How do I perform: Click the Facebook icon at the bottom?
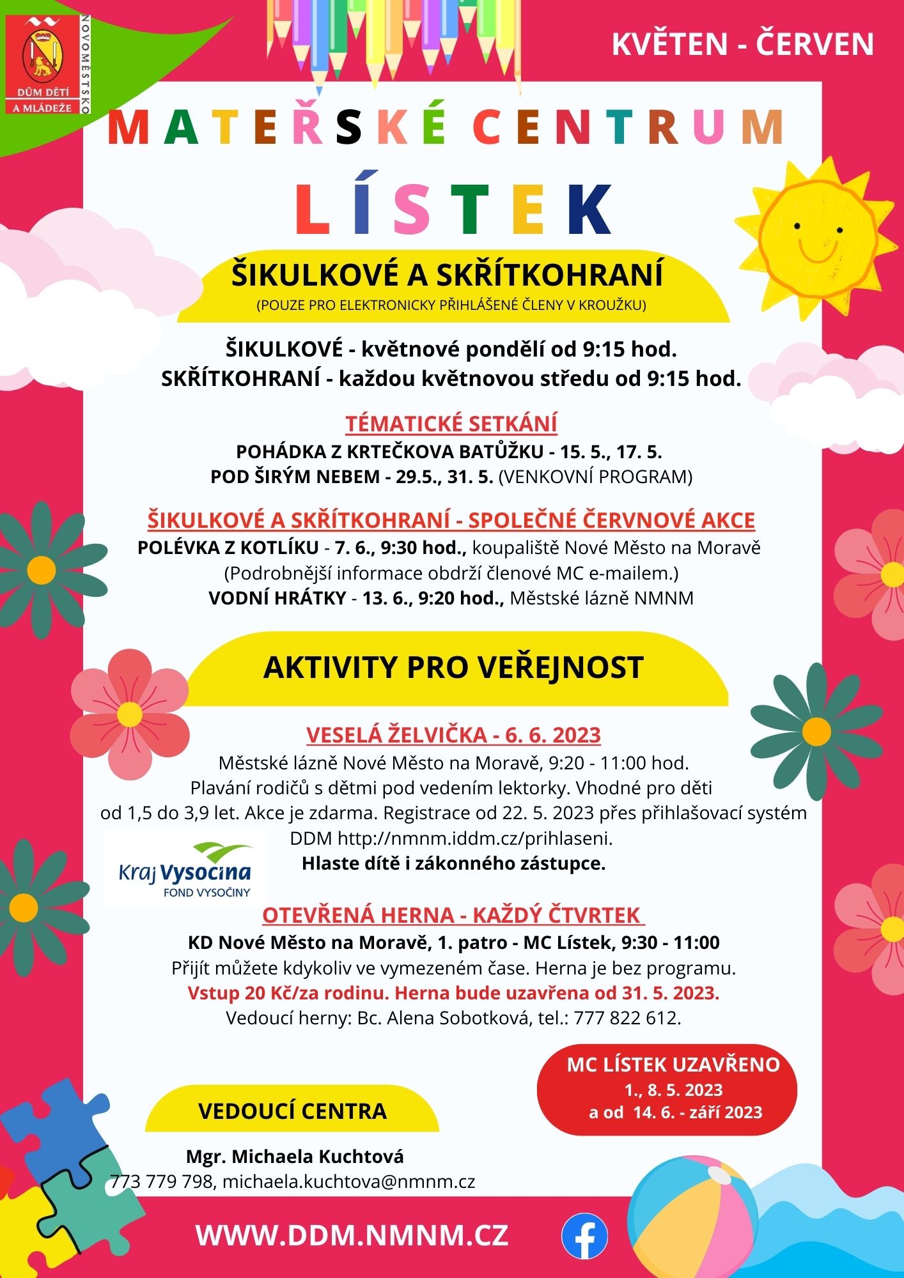pyautogui.click(x=584, y=1235)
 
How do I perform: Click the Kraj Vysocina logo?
pyautogui.click(x=185, y=869)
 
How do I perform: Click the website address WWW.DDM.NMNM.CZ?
pyautogui.click(x=352, y=1235)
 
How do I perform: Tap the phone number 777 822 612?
pyautogui.click(x=626, y=1018)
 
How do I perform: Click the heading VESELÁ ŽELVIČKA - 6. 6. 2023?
pyautogui.click(x=453, y=735)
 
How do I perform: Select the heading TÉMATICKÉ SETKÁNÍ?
pyautogui.click(x=451, y=424)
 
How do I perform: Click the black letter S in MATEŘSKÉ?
pyautogui.click(x=350, y=128)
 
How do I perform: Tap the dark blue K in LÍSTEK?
pyautogui.click(x=589, y=210)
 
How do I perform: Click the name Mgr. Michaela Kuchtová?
pyautogui.click(x=295, y=1156)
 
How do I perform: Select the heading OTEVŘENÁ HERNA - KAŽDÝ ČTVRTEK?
pyautogui.click(x=452, y=915)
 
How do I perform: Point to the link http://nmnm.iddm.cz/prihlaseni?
pyautogui.click(x=475, y=838)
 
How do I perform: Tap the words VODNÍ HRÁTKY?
pyautogui.click(x=277, y=598)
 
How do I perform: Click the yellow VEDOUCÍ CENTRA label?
pyautogui.click(x=292, y=1111)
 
